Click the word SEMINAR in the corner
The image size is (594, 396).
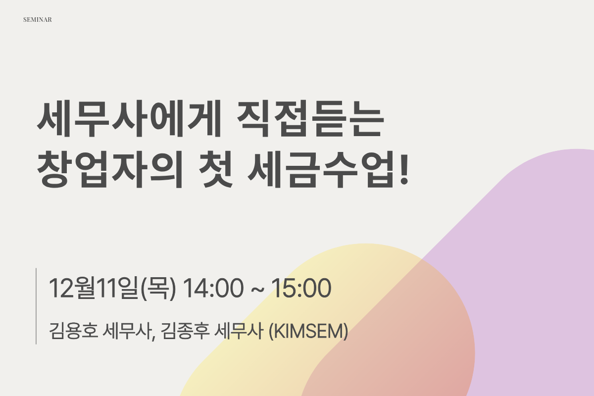point(38,20)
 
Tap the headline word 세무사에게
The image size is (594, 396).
point(129,119)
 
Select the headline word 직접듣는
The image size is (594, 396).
point(310,119)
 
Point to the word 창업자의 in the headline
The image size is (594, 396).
point(110,169)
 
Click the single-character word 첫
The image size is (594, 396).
point(216,169)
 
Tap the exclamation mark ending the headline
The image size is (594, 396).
point(404,169)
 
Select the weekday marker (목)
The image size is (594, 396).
point(158,288)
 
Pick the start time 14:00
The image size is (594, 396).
point(213,288)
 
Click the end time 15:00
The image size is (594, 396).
point(301,288)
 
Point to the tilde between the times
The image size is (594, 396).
point(257,290)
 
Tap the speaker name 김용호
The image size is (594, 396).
point(73,331)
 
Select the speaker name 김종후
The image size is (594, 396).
point(185,331)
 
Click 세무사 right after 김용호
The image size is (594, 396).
point(127,331)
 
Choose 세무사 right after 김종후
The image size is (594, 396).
point(239,331)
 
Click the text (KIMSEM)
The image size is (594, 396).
point(308,331)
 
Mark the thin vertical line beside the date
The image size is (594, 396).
point(36,306)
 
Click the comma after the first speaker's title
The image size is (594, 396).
point(153,338)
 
